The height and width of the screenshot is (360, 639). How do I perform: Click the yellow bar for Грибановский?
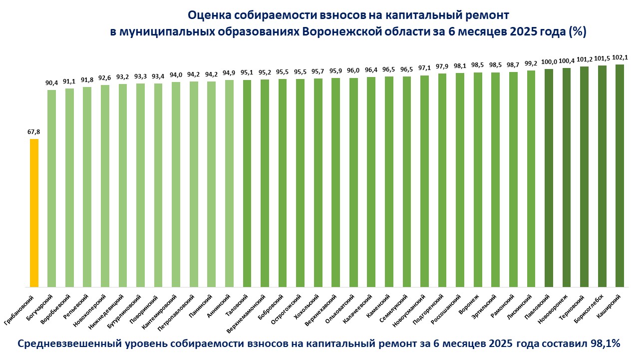click(x=34, y=212)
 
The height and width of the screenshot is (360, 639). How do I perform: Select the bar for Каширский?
click(x=620, y=175)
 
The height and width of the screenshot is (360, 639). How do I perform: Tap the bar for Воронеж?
click(x=478, y=180)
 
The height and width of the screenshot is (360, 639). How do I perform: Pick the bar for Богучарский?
click(x=51, y=187)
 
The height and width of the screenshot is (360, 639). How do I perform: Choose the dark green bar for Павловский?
click(x=549, y=177)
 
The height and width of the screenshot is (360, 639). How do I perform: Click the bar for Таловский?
click(x=247, y=182)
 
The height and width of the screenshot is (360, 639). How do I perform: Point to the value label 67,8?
click(x=34, y=132)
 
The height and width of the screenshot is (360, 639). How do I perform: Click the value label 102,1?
click(x=620, y=57)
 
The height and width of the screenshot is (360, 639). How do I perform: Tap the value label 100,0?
click(x=549, y=62)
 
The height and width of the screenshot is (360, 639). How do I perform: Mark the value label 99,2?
click(x=531, y=63)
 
